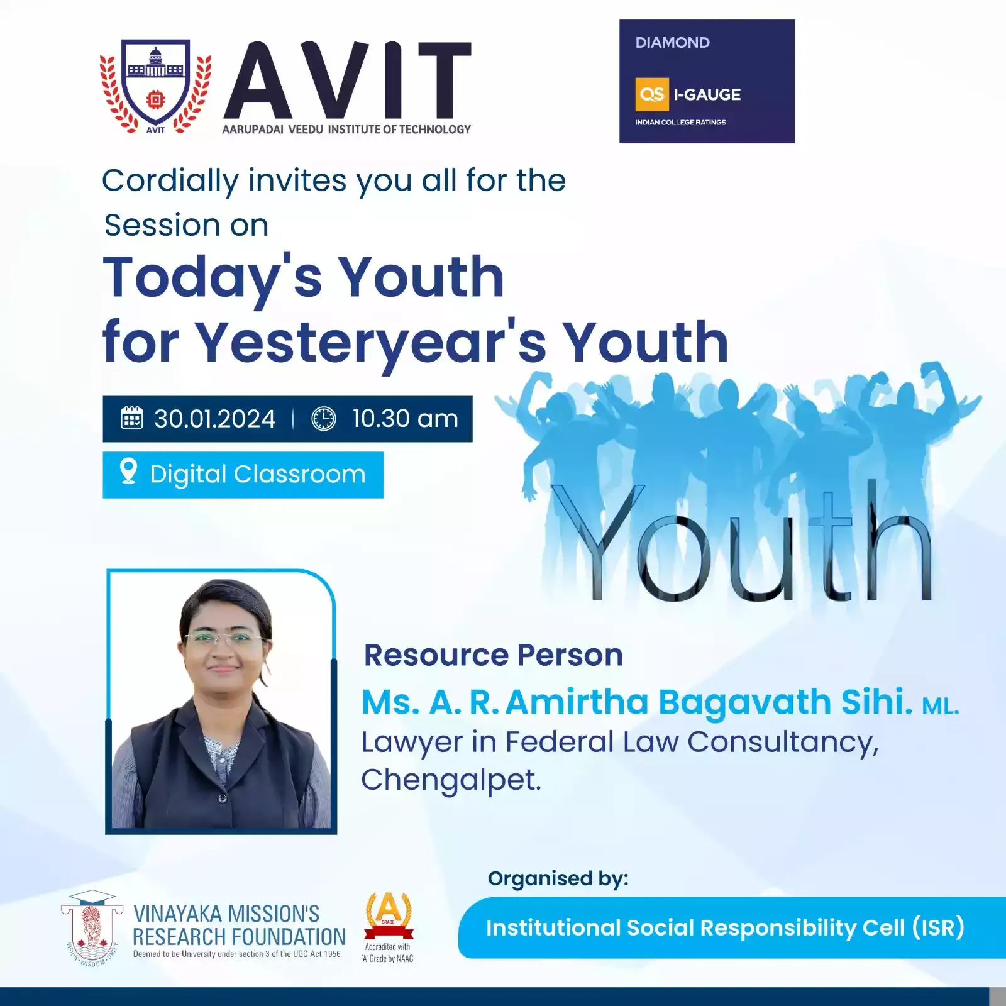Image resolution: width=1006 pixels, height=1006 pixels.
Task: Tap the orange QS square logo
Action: click(x=651, y=94)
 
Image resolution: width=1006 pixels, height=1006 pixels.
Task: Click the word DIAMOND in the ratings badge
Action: click(x=672, y=43)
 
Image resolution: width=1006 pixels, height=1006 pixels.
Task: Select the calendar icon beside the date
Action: click(x=132, y=418)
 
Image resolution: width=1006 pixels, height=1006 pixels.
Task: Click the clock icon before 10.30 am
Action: click(x=324, y=419)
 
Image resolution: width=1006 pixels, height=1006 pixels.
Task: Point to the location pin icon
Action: click(x=128, y=472)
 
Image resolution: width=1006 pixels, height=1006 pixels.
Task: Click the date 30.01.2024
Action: click(x=214, y=419)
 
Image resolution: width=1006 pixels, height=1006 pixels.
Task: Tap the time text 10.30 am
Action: click(x=405, y=419)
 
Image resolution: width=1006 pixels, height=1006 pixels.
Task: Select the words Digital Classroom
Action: click(x=258, y=474)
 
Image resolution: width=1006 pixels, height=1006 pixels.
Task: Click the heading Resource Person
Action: click(x=494, y=655)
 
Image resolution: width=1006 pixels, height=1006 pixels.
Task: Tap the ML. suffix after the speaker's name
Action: click(x=941, y=706)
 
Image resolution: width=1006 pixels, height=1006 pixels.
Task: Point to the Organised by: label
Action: click(x=558, y=879)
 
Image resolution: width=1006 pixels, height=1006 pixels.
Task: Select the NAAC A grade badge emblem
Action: click(x=389, y=915)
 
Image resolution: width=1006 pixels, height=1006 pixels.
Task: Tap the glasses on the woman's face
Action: click(x=224, y=639)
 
